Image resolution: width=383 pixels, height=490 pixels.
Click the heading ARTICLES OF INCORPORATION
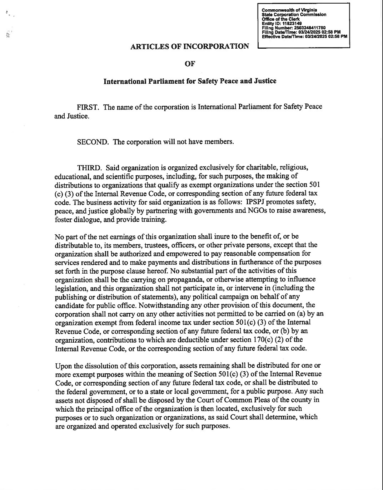click(x=190, y=46)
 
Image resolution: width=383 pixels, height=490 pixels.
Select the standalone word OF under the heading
click(x=190, y=64)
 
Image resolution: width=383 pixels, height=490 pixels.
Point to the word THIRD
click(x=90, y=168)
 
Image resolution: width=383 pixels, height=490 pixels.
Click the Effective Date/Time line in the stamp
click(x=304, y=36)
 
